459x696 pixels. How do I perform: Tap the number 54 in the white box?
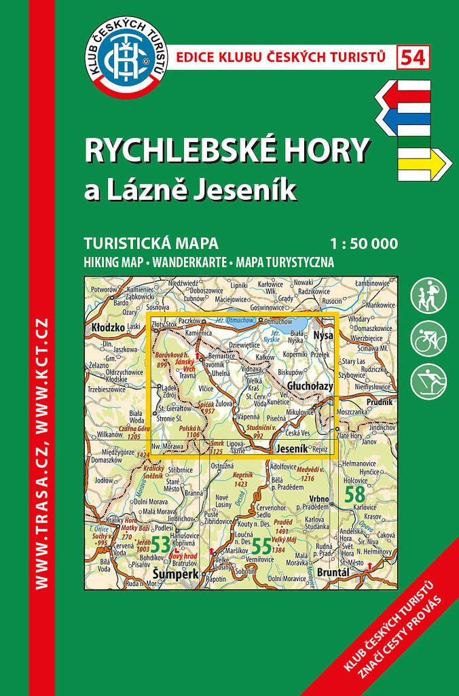click(x=414, y=58)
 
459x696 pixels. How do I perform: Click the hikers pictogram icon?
click(x=428, y=295)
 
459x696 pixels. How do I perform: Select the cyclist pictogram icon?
click(x=428, y=338)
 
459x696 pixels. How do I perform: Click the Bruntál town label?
click(x=333, y=573)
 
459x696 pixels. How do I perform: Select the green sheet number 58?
click(x=354, y=494)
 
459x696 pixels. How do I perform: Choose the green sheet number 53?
click(x=160, y=544)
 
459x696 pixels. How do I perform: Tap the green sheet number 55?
click(x=261, y=546)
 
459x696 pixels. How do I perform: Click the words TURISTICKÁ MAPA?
click(x=150, y=243)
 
